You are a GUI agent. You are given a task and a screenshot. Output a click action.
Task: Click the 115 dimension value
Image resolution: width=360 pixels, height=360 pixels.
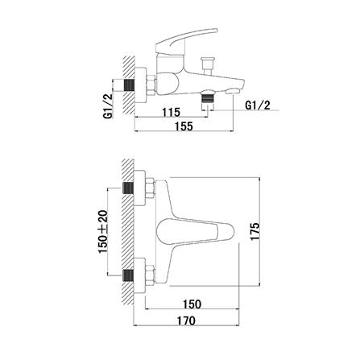click(x=171, y=112)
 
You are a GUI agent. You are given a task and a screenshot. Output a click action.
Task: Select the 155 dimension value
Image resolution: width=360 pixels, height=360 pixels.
click(x=184, y=126)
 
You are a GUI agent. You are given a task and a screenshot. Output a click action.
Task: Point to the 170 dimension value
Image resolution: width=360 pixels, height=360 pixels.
click(x=186, y=321)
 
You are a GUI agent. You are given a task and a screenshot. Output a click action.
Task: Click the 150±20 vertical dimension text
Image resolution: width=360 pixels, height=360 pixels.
click(x=103, y=232)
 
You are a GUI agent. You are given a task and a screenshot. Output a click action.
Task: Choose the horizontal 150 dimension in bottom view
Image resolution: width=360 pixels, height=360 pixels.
click(x=192, y=304)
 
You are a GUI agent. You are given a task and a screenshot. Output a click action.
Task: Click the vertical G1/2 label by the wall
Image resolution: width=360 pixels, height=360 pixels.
click(x=107, y=105)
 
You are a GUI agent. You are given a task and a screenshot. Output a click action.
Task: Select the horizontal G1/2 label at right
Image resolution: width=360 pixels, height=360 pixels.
click(x=258, y=106)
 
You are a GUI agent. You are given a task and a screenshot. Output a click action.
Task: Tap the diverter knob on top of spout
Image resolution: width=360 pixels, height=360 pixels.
click(x=208, y=65)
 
